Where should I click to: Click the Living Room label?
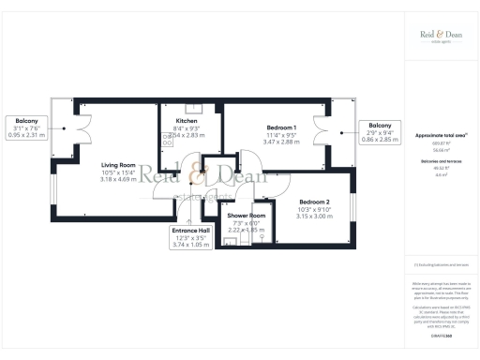(118, 165)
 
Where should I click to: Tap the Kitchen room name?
(187, 121)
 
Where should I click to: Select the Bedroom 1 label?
(281, 127)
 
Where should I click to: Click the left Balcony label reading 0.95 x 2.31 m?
(25, 119)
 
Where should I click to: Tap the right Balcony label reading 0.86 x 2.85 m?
(380, 126)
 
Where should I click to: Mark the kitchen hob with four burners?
(168, 139)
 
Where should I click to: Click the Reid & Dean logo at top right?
(442, 36)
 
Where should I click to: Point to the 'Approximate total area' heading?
(441, 135)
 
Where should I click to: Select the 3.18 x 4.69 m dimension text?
(118, 179)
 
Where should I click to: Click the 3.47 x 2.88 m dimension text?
(281, 141)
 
